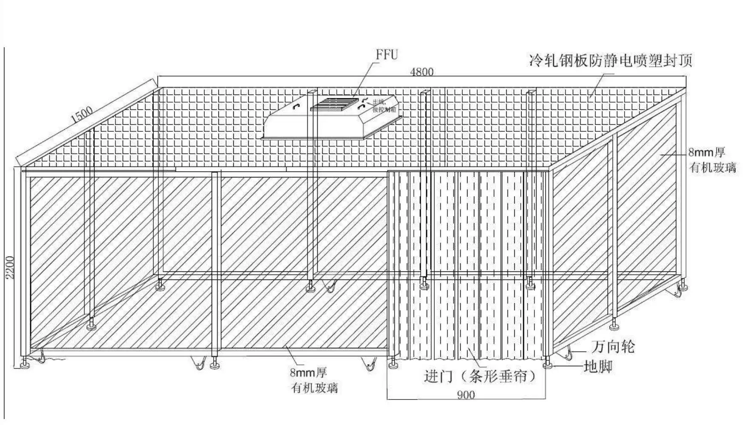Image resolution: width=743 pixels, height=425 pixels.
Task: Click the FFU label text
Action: click(x=387, y=54)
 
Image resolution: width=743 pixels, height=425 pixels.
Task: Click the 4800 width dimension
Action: click(x=422, y=71)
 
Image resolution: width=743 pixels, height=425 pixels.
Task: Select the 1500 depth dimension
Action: click(x=82, y=114)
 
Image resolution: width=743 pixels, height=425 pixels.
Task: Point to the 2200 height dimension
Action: click(x=10, y=267)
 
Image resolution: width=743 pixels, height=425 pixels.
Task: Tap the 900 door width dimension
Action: click(x=466, y=395)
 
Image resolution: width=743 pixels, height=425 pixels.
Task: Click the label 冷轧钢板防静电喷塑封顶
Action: click(x=611, y=60)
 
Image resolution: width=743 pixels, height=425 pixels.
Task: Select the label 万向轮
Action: click(x=613, y=347)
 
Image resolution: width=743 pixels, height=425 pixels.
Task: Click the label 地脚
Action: click(x=598, y=366)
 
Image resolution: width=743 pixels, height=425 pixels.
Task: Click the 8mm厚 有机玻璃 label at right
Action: click(x=712, y=160)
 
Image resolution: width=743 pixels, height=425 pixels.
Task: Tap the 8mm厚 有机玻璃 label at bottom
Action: click(x=314, y=380)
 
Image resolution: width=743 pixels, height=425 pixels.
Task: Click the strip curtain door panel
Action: click(x=468, y=264)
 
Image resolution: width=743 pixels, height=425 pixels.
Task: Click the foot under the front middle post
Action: click(x=214, y=364)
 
